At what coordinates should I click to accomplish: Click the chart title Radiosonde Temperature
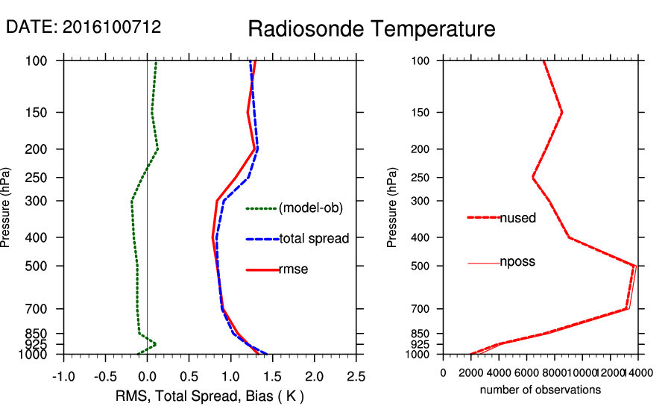(x=371, y=30)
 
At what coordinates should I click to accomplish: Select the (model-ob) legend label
(x=310, y=209)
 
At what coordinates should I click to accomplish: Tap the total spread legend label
(x=314, y=239)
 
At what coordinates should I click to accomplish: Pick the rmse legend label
(x=293, y=269)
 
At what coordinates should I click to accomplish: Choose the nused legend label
(x=517, y=218)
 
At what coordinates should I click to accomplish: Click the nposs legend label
(x=517, y=262)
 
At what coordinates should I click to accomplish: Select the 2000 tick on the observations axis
(x=472, y=373)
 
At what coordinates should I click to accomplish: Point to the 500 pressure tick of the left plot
(x=47, y=266)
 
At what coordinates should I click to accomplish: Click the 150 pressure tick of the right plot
(x=422, y=113)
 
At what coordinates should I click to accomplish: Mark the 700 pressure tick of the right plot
(x=422, y=309)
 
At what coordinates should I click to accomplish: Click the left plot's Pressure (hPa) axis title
(x=8, y=207)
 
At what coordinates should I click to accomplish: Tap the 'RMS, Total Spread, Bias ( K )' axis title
(x=210, y=395)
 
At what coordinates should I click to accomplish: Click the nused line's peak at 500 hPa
(x=634, y=265)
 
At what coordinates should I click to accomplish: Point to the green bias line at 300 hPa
(x=132, y=201)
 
